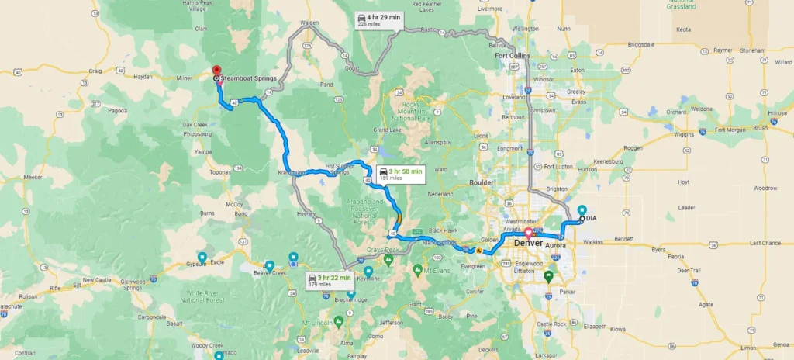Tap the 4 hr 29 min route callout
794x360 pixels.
[x=378, y=20]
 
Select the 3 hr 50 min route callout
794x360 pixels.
[x=400, y=173]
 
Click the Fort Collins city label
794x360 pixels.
[x=512, y=55]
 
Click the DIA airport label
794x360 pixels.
[x=591, y=218]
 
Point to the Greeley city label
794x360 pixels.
[x=576, y=92]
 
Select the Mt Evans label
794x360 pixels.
[x=432, y=271]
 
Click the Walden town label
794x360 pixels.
[x=309, y=23]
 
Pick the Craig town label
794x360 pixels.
[x=95, y=71]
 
